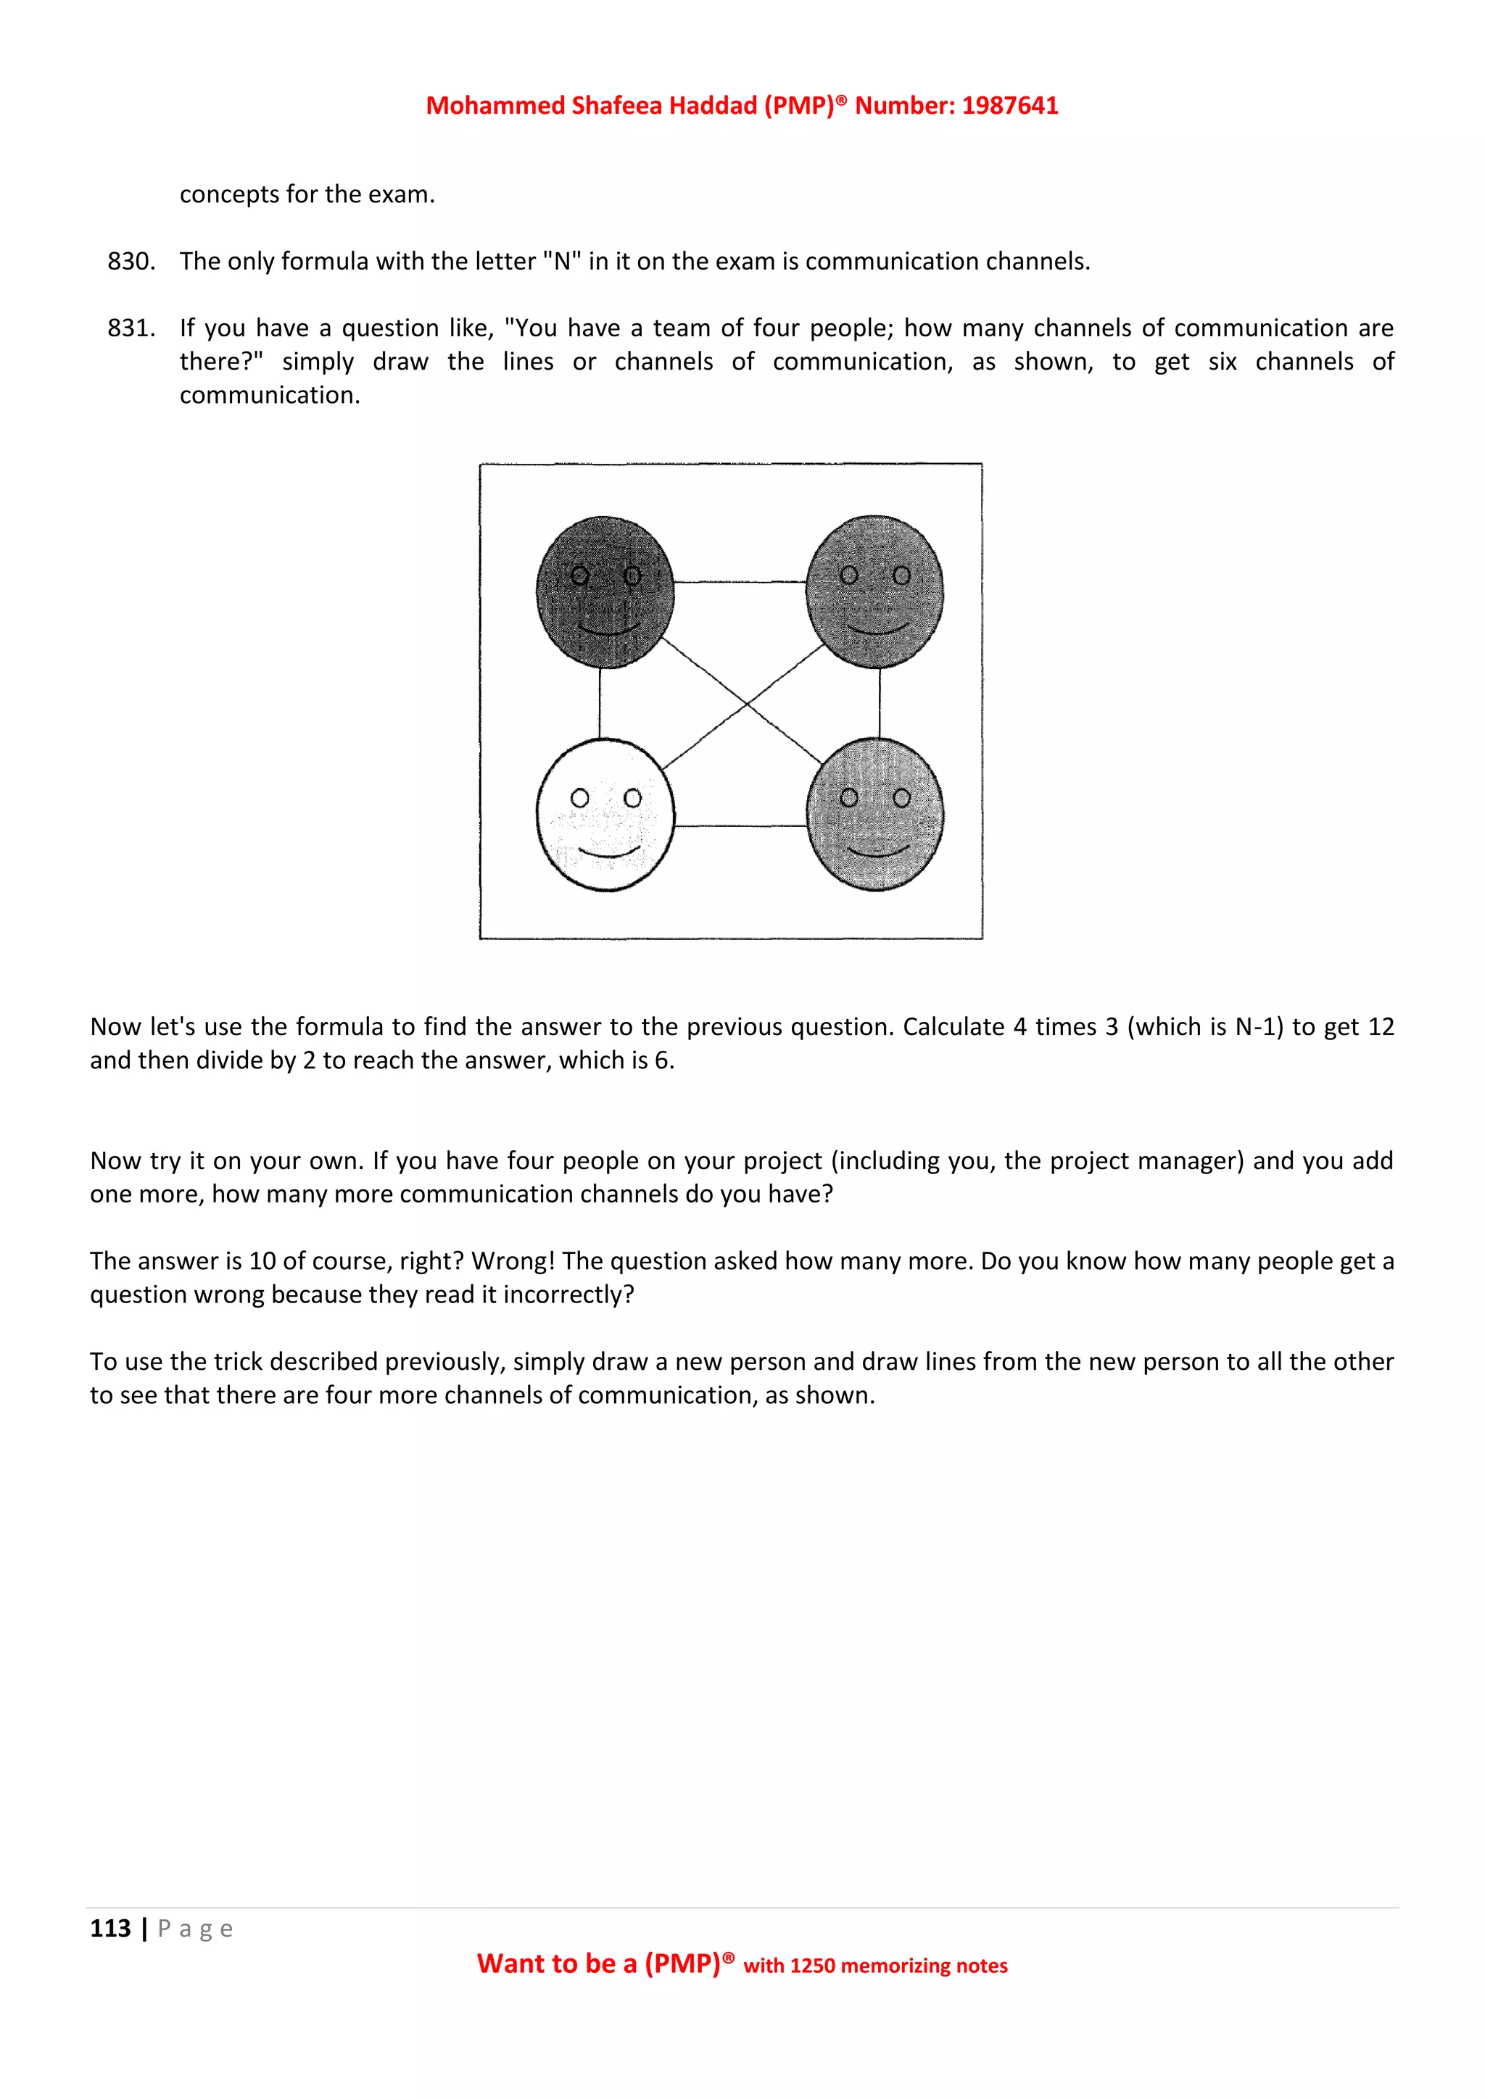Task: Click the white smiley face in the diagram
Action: (x=605, y=815)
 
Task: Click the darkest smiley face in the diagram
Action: (x=605, y=591)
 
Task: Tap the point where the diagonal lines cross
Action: (x=746, y=704)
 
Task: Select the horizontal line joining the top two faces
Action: (x=740, y=581)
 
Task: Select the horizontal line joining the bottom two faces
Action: (x=740, y=826)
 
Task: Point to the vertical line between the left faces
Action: (x=600, y=703)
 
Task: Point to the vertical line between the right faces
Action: (x=880, y=703)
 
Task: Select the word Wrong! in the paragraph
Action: (x=513, y=1262)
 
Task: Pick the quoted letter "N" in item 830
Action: (x=561, y=262)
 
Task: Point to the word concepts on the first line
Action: (x=228, y=195)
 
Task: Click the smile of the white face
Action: (x=607, y=854)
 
